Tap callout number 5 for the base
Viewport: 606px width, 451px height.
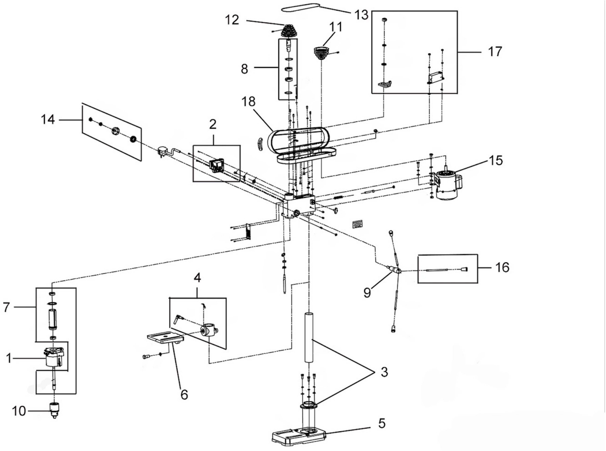pos(382,423)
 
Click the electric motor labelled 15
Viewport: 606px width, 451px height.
pos(447,185)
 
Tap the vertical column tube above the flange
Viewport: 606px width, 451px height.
pos(309,338)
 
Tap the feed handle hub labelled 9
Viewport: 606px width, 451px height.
pos(395,270)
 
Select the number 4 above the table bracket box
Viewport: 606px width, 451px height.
pos(197,278)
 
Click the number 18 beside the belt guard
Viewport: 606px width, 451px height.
pos(248,102)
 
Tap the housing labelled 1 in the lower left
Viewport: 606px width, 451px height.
pos(53,358)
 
